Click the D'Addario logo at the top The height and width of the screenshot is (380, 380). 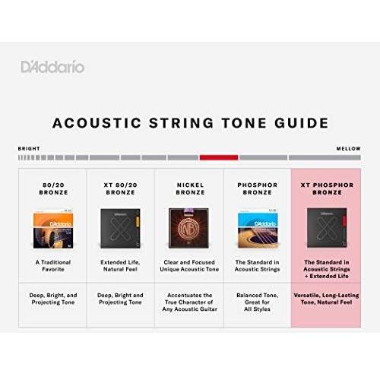pos(52,67)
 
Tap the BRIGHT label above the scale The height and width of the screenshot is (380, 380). pos(29,149)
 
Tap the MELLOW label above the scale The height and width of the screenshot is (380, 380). pos(349,149)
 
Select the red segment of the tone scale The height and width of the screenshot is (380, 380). pos(219,157)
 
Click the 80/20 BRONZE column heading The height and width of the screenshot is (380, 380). pos(53,188)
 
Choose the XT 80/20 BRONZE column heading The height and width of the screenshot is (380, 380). pos(121,188)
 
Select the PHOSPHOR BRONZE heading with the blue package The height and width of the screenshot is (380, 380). pos(258,188)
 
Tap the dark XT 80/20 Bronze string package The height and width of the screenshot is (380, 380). pos(121,230)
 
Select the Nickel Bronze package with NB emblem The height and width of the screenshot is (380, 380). pos(189,230)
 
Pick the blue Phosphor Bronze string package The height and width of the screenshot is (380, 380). pos(258,230)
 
